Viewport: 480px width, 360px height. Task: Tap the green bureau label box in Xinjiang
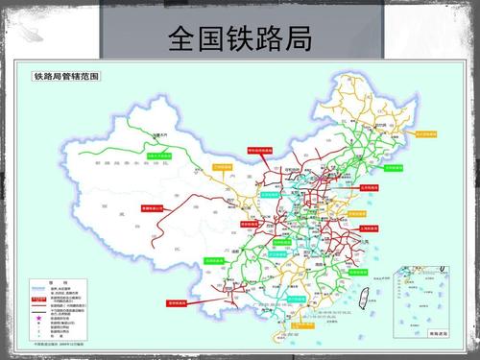(159, 154)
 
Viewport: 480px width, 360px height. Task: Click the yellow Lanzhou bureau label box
(224, 166)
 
